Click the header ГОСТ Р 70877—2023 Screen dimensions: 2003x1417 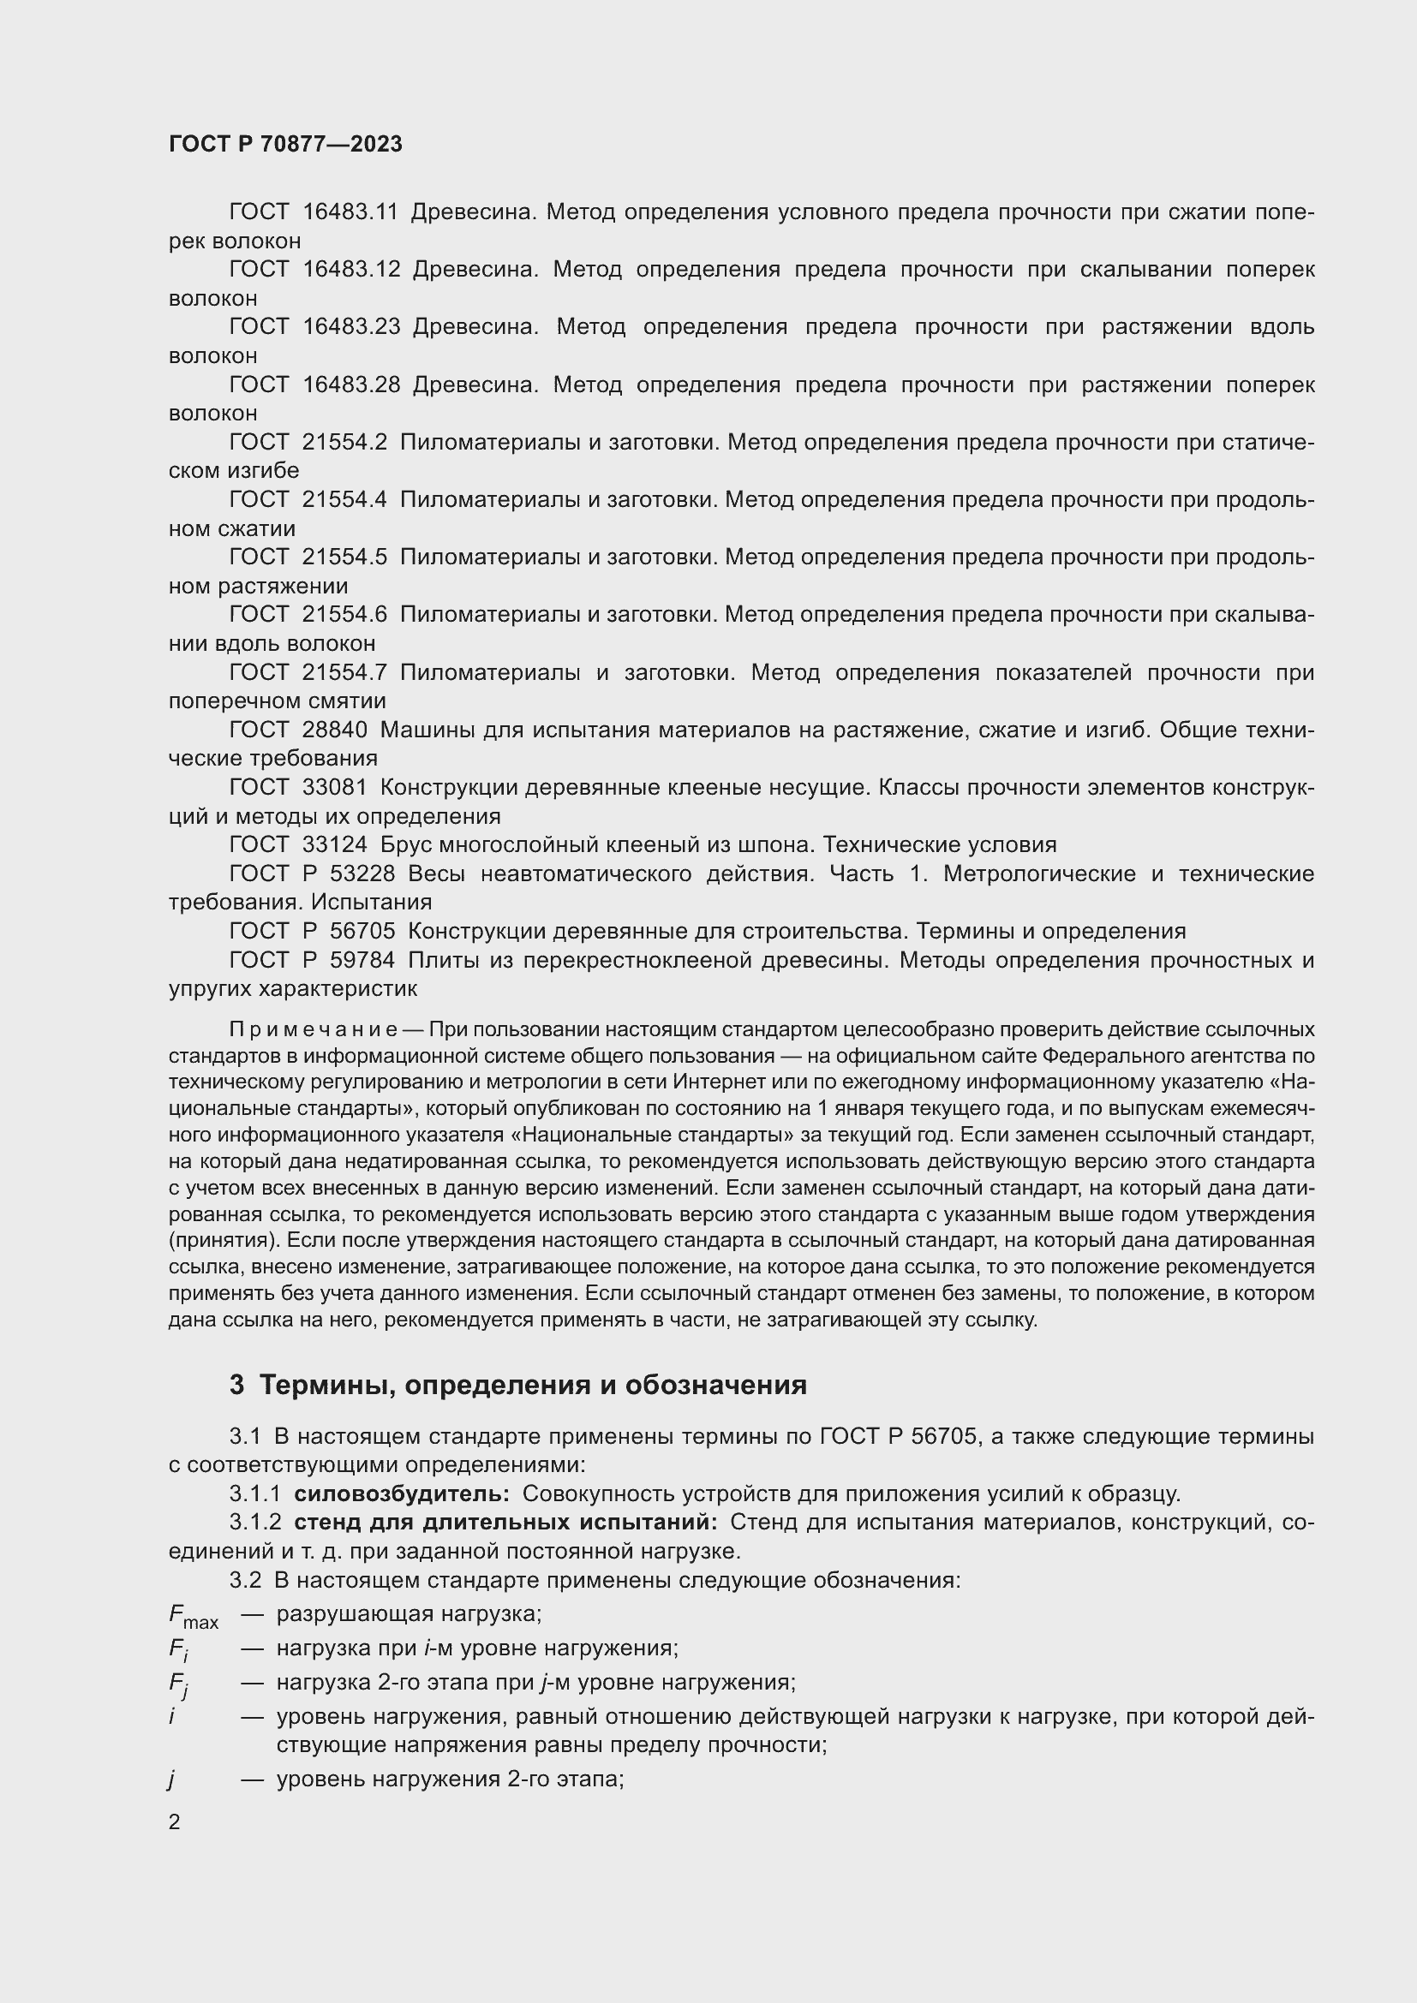pos(285,145)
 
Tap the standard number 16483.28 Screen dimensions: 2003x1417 pos(350,385)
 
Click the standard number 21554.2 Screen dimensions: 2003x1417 pos(344,442)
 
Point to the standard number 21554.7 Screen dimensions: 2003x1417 pos(344,672)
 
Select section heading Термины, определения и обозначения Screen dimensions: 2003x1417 pos(532,1386)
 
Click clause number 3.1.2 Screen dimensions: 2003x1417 pos(254,1523)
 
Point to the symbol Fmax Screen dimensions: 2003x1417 pos(192,1617)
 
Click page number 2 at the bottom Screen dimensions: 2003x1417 pos(175,1822)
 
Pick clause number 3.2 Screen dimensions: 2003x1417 pos(244,1581)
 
